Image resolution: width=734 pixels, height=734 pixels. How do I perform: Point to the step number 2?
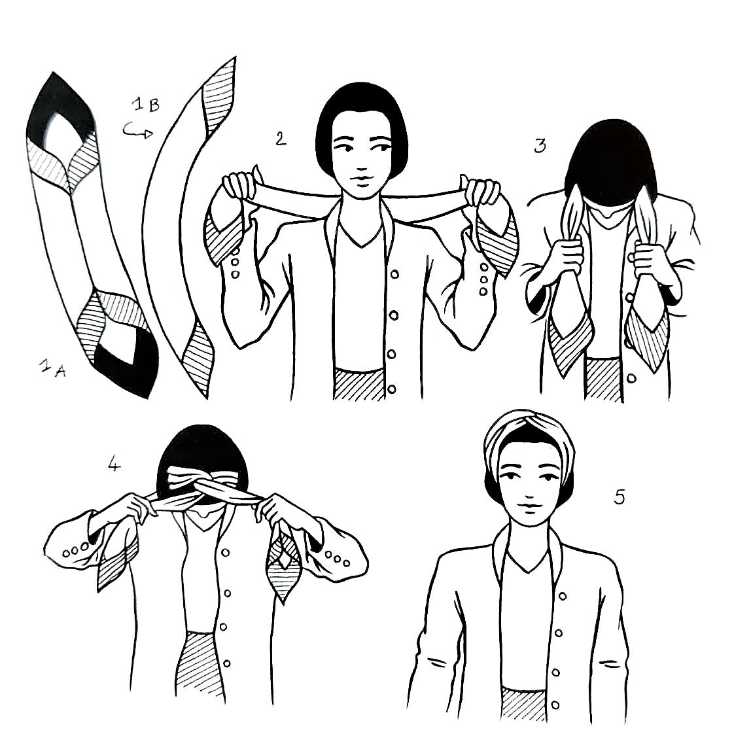coord(281,138)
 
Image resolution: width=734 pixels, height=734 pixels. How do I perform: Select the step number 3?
coord(539,145)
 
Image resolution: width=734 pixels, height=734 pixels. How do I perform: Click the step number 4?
coord(114,465)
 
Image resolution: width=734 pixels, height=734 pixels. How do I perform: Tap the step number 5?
coord(620,497)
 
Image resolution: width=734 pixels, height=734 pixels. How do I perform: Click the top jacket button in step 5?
coord(560,595)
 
